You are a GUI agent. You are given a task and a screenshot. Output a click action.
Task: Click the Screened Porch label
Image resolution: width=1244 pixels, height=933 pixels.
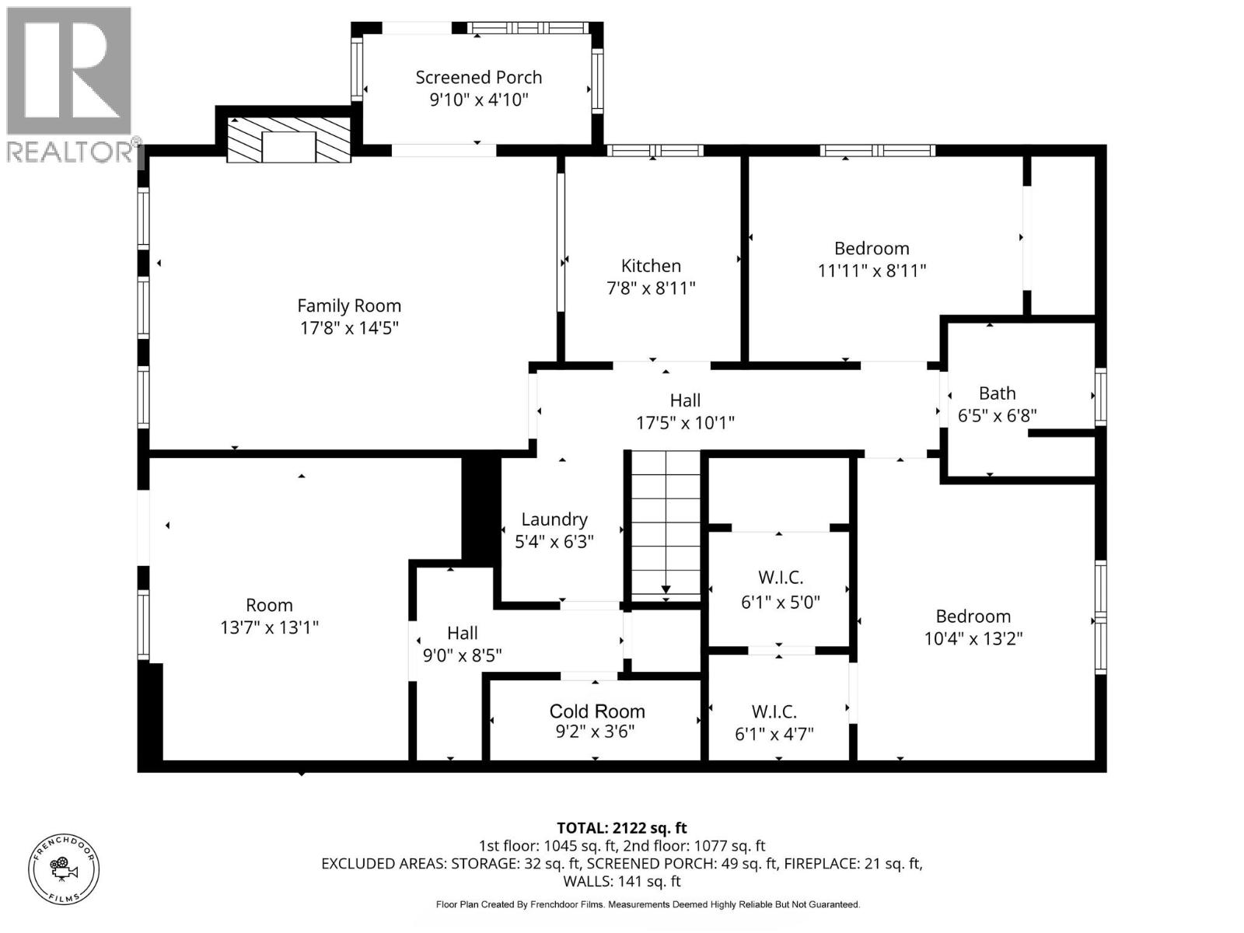point(478,77)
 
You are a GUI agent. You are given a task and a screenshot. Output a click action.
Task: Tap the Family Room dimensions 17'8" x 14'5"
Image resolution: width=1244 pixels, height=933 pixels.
point(349,327)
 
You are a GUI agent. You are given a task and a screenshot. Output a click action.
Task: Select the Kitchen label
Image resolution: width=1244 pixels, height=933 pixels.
point(651,266)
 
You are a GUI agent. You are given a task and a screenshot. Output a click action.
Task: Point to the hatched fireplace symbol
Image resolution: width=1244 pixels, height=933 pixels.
point(288,140)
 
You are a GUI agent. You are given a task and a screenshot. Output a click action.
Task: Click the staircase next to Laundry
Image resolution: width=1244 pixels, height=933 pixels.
point(666,526)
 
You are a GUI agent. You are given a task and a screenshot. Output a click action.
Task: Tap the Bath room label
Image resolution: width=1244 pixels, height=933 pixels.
point(997,393)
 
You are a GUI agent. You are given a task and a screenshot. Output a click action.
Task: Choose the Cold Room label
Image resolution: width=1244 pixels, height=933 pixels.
point(597,711)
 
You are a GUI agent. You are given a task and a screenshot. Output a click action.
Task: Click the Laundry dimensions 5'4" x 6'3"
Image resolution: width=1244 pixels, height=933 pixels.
point(554,542)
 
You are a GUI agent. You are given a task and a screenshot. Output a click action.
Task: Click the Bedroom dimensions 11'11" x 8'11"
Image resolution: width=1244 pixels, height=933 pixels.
point(872,271)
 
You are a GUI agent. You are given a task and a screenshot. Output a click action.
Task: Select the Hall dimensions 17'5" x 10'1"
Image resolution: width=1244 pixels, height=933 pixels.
point(685,423)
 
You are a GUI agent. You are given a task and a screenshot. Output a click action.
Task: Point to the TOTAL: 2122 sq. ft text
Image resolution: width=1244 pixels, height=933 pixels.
point(622,828)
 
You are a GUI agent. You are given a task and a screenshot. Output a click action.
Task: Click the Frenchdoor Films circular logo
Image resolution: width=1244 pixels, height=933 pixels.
point(64,869)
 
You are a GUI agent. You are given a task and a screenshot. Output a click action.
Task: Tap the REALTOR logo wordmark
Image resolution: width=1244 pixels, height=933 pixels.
point(71,152)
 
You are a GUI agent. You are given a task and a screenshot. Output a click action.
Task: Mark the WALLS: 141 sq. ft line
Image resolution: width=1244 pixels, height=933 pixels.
point(622,882)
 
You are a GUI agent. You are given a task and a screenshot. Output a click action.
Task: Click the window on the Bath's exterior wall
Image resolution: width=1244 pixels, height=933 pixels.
point(1100,397)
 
